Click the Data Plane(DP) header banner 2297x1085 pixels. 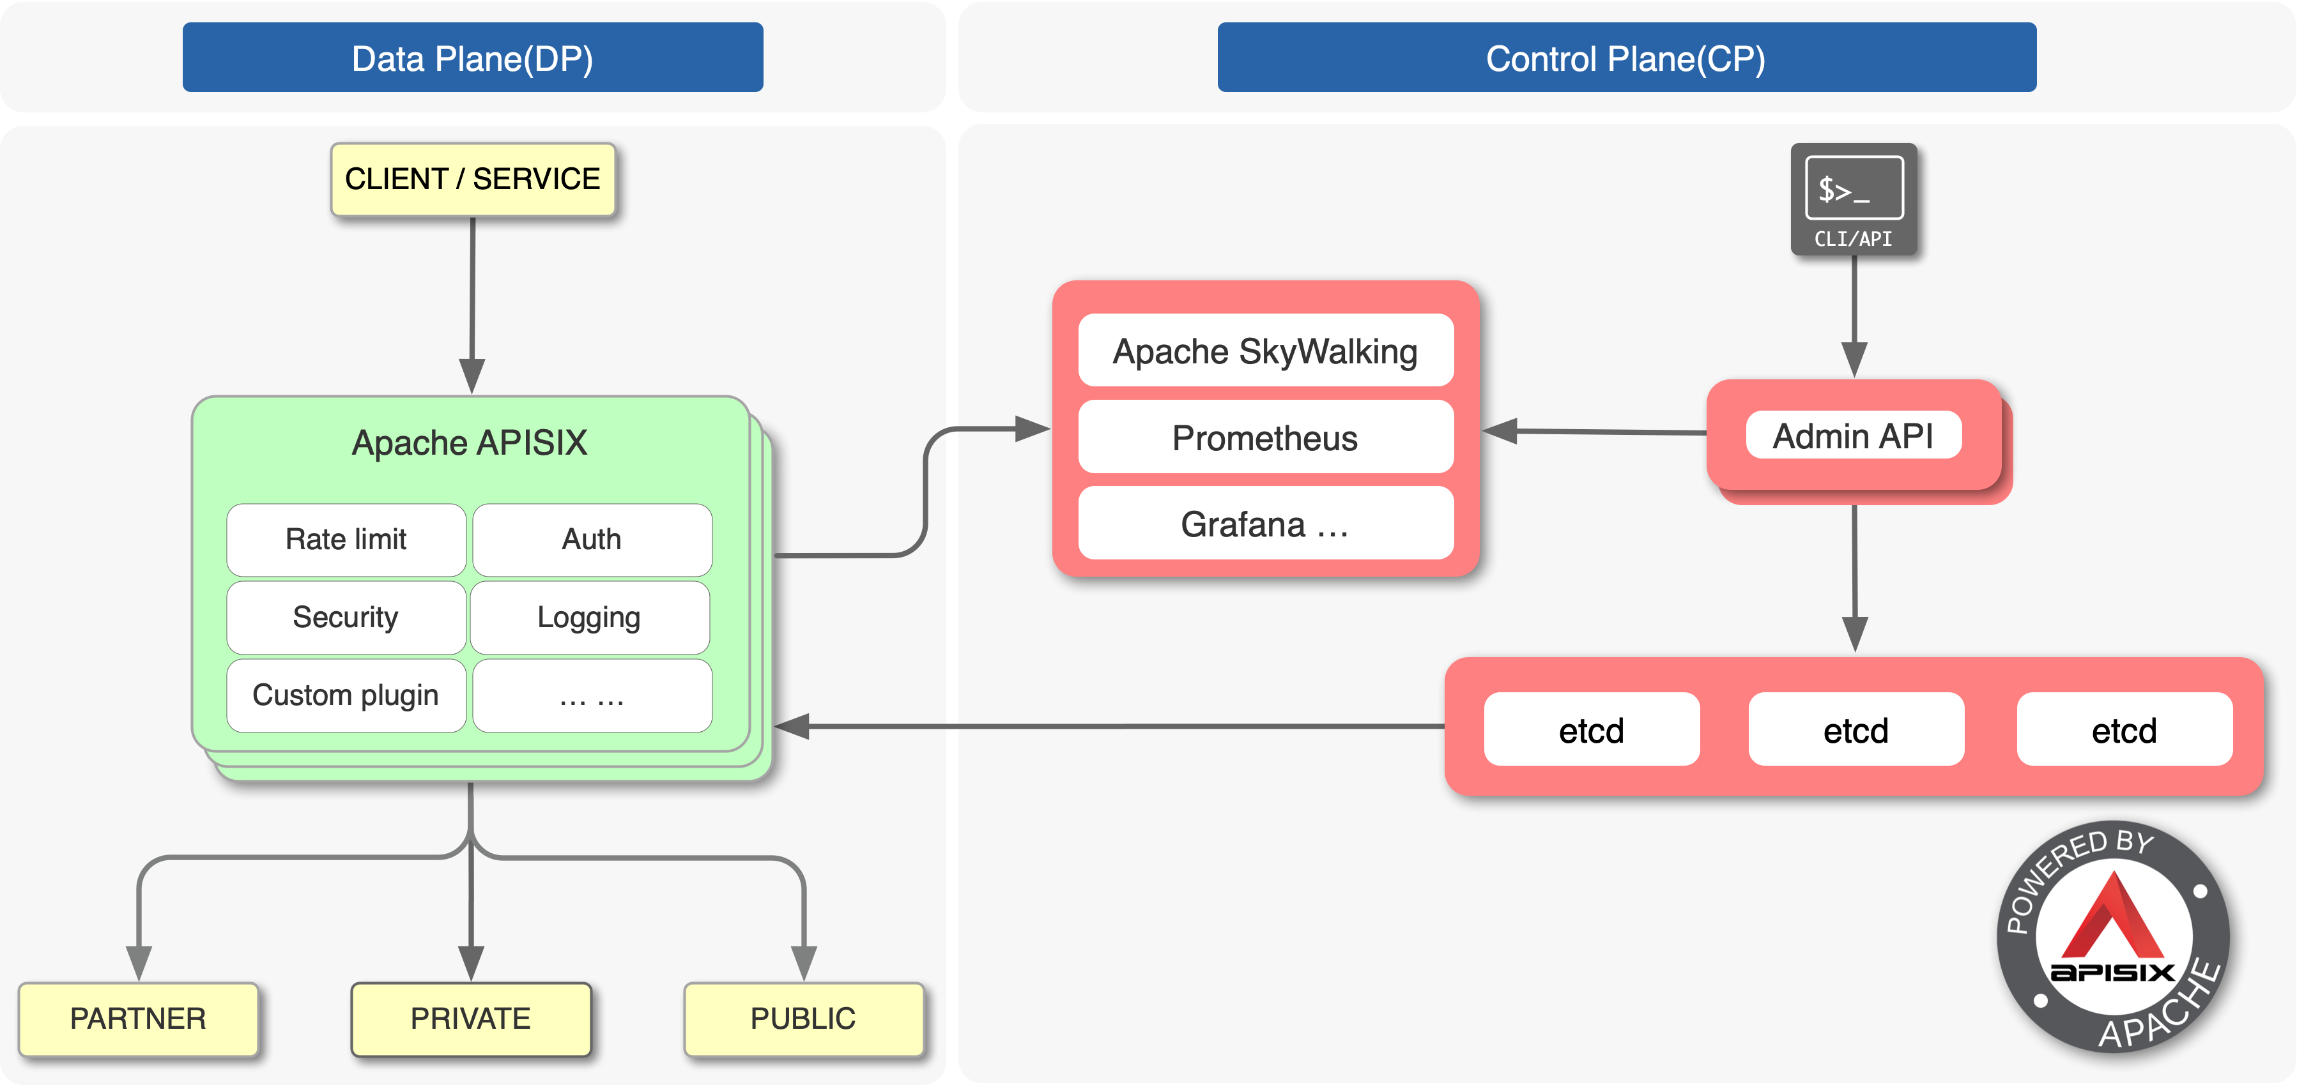[473, 58]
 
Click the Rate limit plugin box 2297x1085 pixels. [346, 540]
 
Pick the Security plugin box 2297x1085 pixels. [346, 617]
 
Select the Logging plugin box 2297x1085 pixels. [589, 617]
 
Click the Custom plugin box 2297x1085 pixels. [346, 695]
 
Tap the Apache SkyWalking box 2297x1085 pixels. [1264, 351]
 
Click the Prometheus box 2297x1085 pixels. [1264, 437]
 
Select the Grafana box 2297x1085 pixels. [1264, 524]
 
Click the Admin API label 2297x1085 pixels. [1853, 436]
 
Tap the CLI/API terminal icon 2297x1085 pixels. [1854, 198]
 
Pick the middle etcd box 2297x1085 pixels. [1855, 730]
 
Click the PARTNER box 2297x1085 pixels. [138, 1018]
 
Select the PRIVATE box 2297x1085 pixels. [471, 1018]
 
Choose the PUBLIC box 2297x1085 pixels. [803, 1018]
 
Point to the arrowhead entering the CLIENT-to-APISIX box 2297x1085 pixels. [472, 376]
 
